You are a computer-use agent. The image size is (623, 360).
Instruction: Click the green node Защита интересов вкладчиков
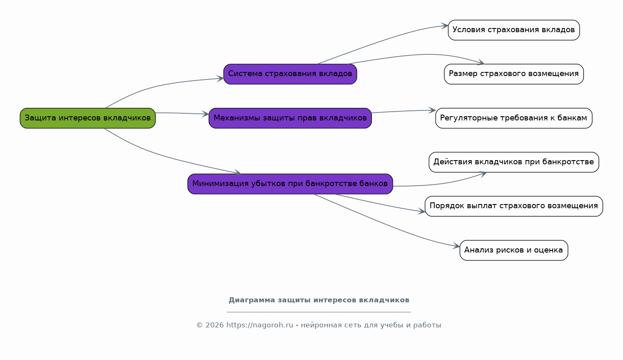[88, 118]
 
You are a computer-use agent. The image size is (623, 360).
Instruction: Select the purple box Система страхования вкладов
[290, 74]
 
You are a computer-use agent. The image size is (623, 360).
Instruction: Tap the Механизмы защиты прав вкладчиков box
[290, 118]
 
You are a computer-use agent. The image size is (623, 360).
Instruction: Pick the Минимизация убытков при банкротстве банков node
[290, 184]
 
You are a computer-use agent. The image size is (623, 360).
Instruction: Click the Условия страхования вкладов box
[514, 30]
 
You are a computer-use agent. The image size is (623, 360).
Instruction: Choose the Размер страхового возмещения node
[514, 74]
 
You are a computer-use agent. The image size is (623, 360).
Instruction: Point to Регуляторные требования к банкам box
[514, 118]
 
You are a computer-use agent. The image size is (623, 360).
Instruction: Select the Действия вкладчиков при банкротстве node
[514, 162]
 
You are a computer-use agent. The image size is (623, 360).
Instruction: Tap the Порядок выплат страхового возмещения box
[514, 206]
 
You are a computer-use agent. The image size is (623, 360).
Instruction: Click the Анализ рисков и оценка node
[514, 250]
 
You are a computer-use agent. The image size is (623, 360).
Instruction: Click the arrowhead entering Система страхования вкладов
[220, 79]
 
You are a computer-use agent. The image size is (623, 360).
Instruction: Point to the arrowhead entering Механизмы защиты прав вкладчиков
[205, 114]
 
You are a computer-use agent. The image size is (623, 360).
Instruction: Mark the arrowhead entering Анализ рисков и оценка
[456, 246]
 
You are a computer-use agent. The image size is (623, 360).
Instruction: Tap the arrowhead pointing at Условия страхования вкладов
[445, 26]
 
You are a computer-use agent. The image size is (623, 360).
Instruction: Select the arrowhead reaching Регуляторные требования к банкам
[432, 110]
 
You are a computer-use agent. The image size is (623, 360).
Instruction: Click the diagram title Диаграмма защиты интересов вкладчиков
[319, 300]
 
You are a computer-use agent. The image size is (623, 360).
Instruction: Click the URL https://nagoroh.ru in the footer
[260, 325]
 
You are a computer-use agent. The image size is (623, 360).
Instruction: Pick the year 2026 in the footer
[214, 325]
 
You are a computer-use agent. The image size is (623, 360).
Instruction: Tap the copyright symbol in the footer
[199, 325]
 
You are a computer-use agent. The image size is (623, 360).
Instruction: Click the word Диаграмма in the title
[252, 300]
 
